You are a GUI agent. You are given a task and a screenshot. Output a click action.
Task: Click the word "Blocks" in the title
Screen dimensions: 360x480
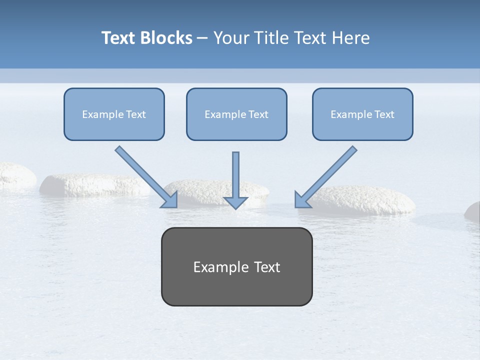tap(166, 38)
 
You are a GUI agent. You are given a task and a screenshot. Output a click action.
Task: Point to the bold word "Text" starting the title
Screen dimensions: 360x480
tap(118, 38)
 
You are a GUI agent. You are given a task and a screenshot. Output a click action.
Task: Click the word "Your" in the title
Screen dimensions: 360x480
tap(231, 38)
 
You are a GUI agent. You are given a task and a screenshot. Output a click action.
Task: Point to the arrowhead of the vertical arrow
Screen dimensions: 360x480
tap(235, 202)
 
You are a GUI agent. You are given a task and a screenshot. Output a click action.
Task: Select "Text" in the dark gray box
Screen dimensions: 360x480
tap(267, 267)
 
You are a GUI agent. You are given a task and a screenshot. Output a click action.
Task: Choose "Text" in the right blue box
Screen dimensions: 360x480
tap(384, 114)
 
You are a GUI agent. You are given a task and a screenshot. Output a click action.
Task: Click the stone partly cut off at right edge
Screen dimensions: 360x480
tap(473, 211)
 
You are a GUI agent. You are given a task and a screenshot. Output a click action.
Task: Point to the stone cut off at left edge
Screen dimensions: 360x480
tap(15, 175)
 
